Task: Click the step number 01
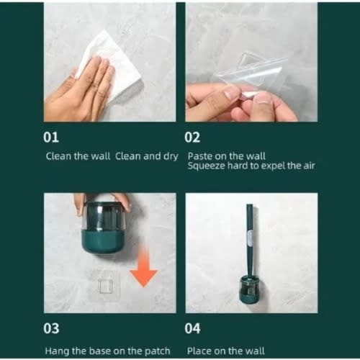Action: click(x=51, y=138)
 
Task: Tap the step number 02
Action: click(x=192, y=138)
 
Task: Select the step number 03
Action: click(x=51, y=328)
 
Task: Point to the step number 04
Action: click(x=192, y=328)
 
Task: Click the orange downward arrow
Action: click(x=143, y=266)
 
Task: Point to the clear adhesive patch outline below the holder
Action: click(x=106, y=283)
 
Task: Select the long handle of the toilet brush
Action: click(x=250, y=240)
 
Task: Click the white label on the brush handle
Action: click(x=250, y=238)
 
